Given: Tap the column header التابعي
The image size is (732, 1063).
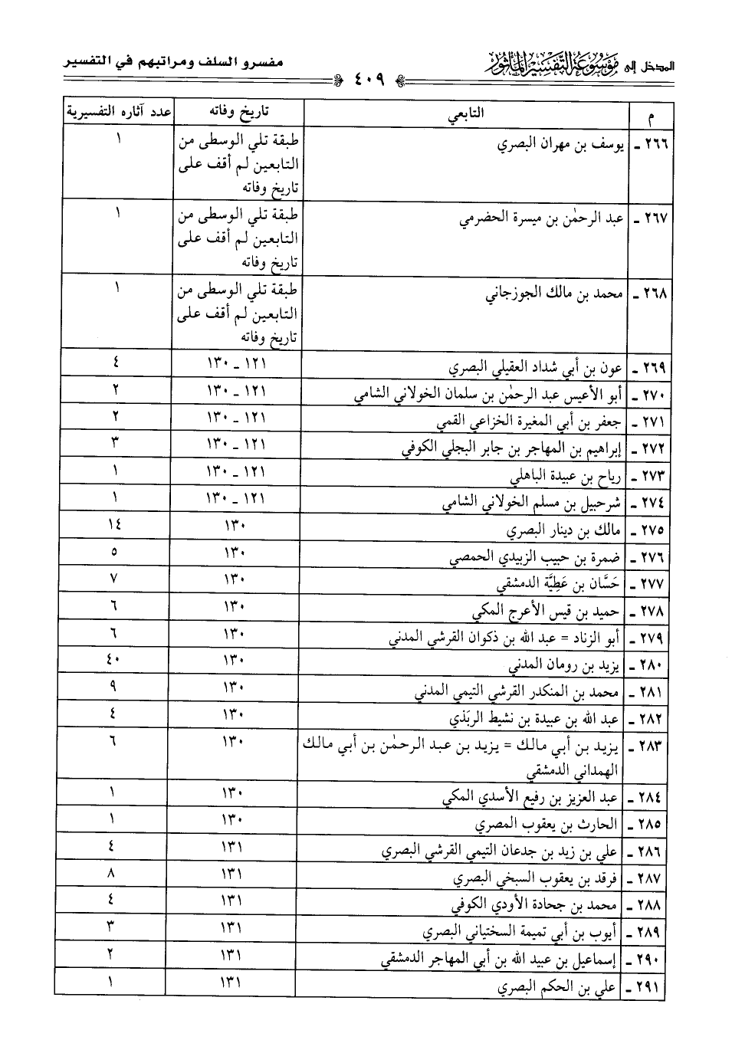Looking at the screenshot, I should [x=467, y=114].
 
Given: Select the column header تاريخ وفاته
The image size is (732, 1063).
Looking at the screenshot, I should [x=239, y=113].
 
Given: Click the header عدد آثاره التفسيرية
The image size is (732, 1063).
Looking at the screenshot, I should [x=117, y=112].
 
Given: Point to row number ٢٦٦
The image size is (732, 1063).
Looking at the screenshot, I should [x=648, y=143].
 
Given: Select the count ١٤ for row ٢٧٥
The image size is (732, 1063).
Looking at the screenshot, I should [x=114, y=526].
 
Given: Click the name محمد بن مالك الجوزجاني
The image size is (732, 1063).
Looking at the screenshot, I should [x=552, y=294].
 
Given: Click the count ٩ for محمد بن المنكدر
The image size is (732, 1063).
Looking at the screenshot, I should [x=113, y=687].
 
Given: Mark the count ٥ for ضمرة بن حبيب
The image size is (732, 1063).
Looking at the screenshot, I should [x=113, y=553].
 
